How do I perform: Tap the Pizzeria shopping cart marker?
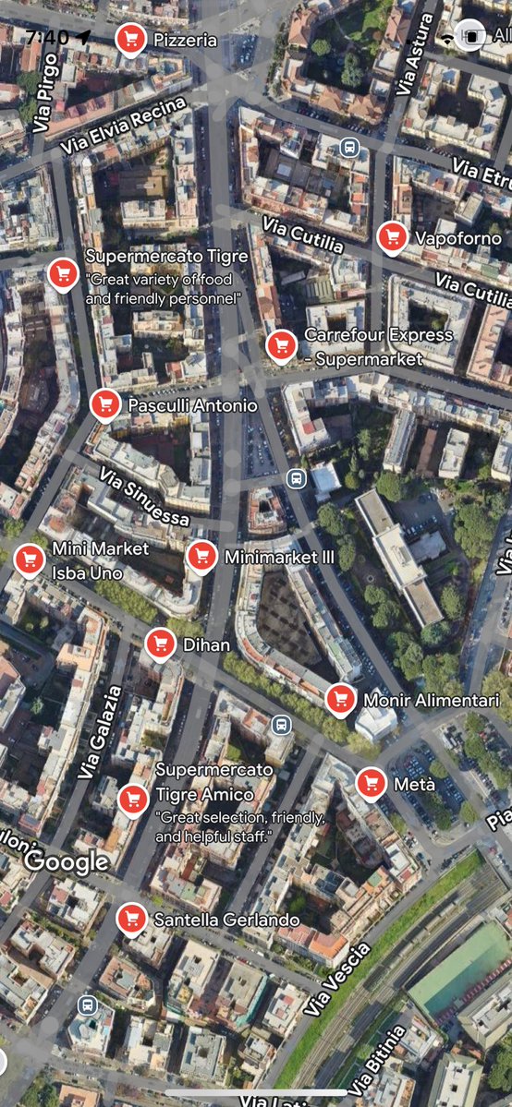130,39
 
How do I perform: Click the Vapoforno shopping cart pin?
392,236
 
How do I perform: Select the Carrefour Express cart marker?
281,344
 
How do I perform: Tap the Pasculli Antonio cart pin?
105,403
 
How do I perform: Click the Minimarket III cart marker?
201,556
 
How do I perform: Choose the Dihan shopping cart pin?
161,644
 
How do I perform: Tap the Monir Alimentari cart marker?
340,699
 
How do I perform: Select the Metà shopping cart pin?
372,783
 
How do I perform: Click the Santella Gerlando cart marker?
131,918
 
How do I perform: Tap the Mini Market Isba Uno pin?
29,559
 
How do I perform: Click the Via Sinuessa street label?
144,496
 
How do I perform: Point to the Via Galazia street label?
101,733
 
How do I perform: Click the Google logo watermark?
67,862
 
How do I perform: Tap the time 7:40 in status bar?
47,37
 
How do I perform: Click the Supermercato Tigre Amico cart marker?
133,799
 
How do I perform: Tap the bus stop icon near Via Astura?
349,146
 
